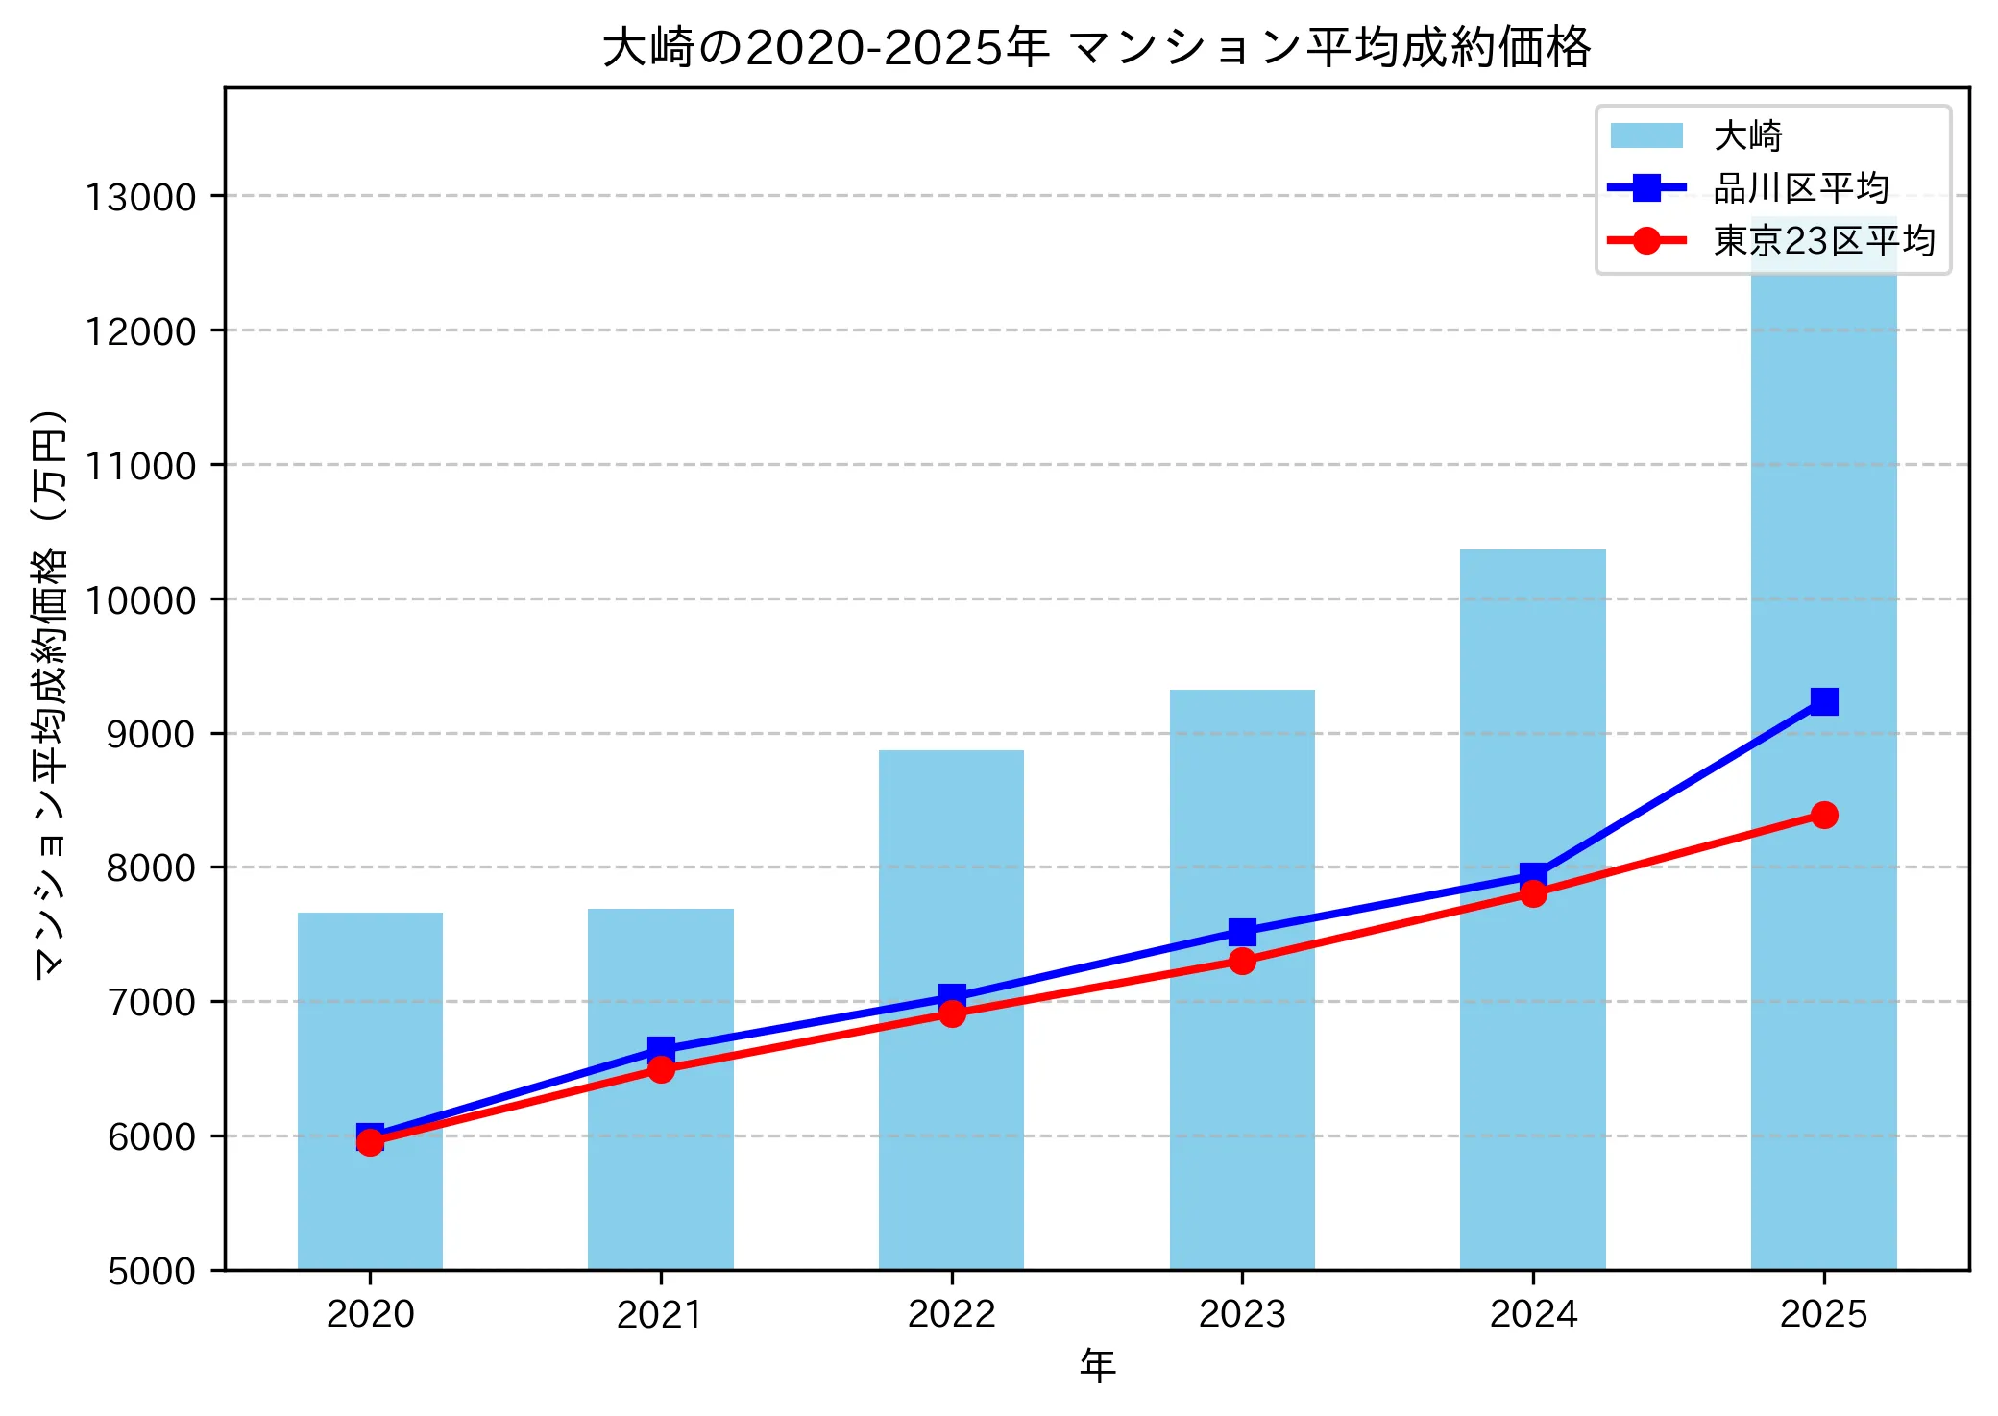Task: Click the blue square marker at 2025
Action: pyautogui.click(x=1824, y=701)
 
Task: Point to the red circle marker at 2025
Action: pyautogui.click(x=1824, y=815)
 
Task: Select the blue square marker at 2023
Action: pyautogui.click(x=1242, y=931)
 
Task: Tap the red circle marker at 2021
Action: pyautogui.click(x=661, y=1069)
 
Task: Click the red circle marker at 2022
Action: pyautogui.click(x=952, y=1013)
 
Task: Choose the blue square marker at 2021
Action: pyautogui.click(x=661, y=1048)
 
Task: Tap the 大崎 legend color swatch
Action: pyautogui.click(x=1646, y=135)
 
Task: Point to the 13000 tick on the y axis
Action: pyautogui.click(x=140, y=197)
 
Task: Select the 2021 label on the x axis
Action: pyautogui.click(x=661, y=1314)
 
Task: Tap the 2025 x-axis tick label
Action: pyautogui.click(x=1824, y=1314)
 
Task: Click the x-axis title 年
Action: pyautogui.click(x=1097, y=1364)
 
